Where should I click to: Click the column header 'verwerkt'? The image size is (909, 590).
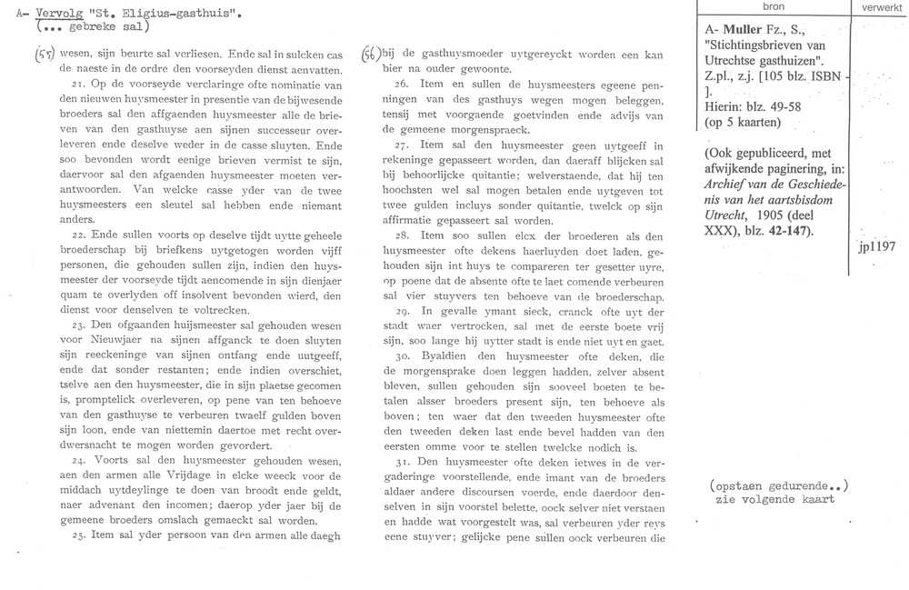[x=874, y=5]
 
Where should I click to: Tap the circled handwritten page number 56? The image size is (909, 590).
[x=371, y=54]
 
